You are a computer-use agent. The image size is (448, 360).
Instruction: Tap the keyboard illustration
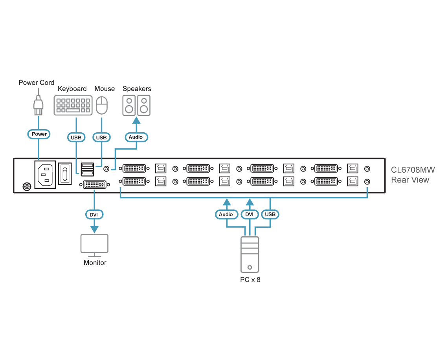tap(73, 105)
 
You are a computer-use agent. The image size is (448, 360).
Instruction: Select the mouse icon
tap(102, 105)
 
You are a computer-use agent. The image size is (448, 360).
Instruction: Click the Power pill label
tap(39, 134)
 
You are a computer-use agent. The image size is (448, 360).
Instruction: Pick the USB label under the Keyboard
tap(76, 137)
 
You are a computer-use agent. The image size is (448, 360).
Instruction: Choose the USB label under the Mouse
tap(101, 137)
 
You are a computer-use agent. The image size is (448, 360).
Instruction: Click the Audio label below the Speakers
tap(136, 137)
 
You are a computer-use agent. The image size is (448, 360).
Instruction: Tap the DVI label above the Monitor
tap(94, 214)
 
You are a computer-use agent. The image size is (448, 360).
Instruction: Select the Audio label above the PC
tap(226, 214)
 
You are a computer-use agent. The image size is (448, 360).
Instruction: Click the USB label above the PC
tap(270, 214)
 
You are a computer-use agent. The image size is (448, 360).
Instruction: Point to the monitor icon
tap(95, 245)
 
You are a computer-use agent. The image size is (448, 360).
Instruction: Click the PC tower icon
tap(250, 254)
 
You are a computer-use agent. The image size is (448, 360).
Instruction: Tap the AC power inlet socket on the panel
tap(45, 174)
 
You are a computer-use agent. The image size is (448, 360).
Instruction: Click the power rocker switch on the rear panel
tap(65, 174)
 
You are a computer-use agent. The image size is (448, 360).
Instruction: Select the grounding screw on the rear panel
tap(27, 187)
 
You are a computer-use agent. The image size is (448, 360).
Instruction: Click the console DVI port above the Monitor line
tap(95, 185)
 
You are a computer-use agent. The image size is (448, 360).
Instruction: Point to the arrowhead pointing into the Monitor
tap(94, 229)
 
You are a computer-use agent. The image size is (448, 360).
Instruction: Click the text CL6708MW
tap(413, 170)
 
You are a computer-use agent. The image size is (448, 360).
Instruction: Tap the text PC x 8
tap(250, 280)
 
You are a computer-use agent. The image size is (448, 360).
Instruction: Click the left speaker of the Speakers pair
tap(129, 105)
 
